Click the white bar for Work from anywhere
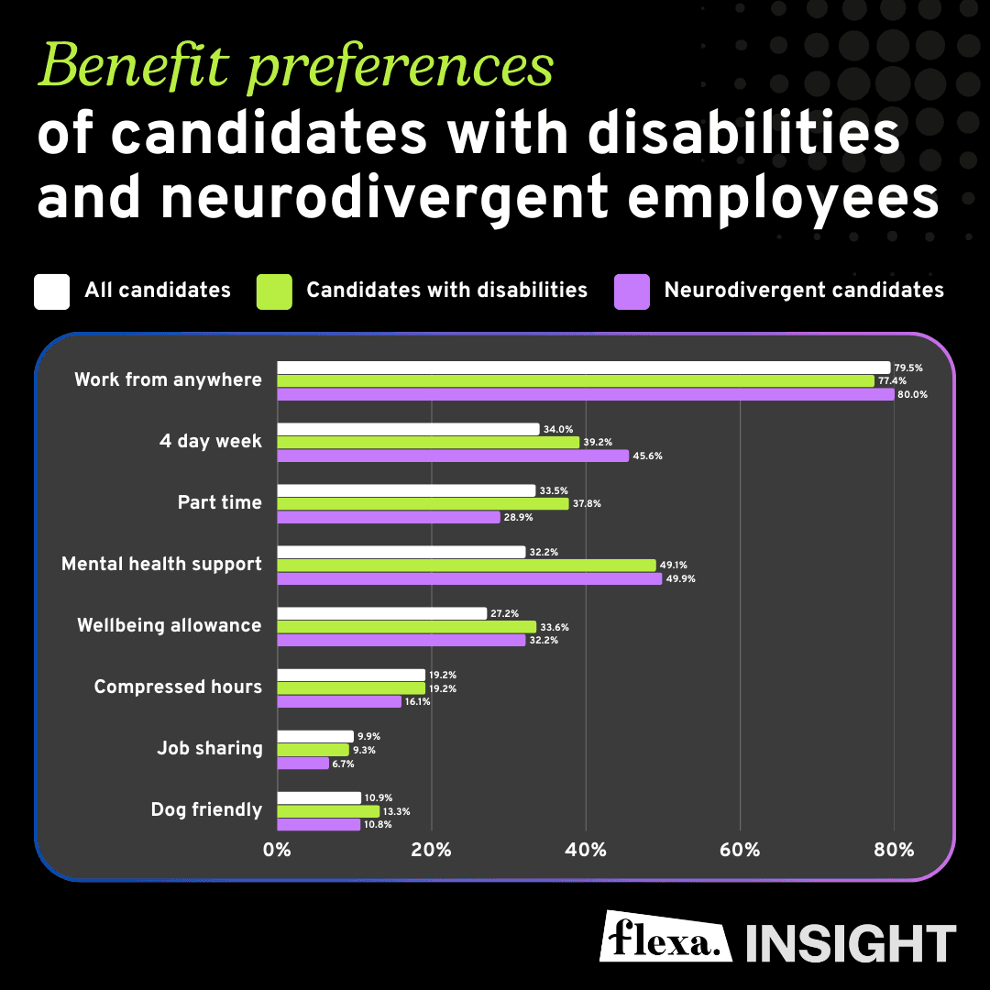tap(583, 368)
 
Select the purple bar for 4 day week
tap(453, 456)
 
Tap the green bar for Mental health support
tap(467, 566)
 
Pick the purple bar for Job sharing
tap(302, 764)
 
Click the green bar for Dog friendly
tap(328, 811)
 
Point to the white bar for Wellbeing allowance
tap(381, 613)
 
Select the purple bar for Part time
tap(389, 517)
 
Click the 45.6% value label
tap(647, 456)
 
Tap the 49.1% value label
tap(675, 566)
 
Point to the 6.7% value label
tap(344, 764)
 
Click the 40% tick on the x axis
tap(586, 850)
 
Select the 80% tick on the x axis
tap(894, 850)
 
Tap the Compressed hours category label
tap(178, 687)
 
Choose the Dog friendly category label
tap(206, 810)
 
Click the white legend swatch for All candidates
tap(51, 291)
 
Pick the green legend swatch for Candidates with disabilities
tap(275, 291)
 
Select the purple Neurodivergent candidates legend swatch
tap(632, 291)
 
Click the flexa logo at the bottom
tap(666, 936)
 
